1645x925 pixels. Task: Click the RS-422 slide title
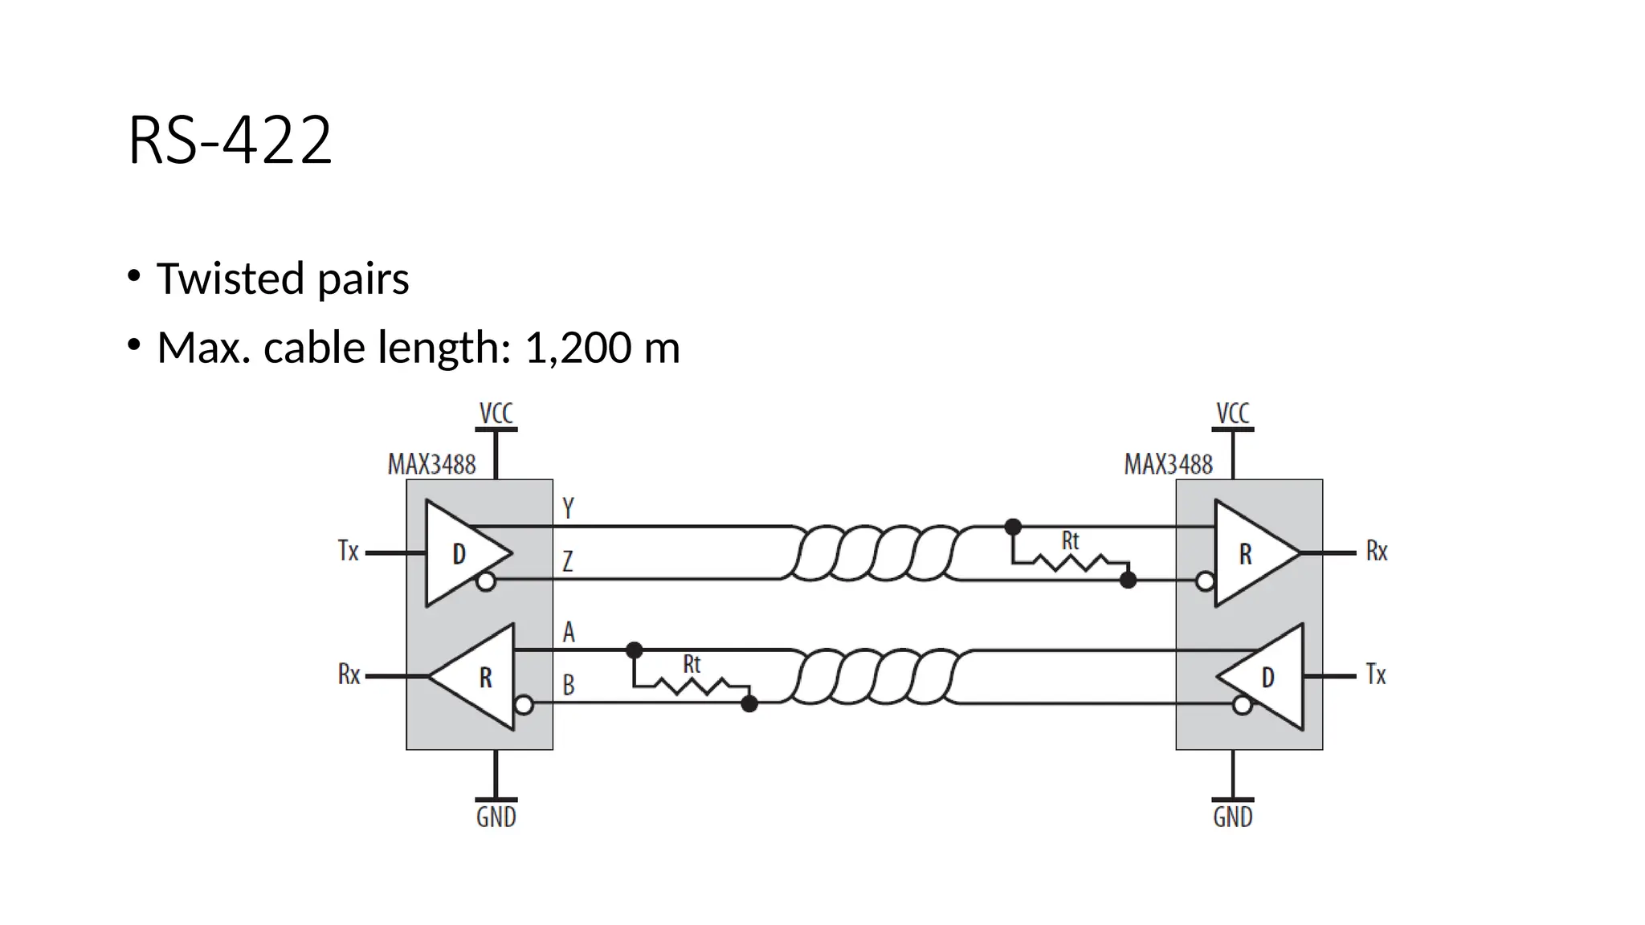click(x=230, y=141)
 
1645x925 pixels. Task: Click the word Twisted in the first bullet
click(x=231, y=279)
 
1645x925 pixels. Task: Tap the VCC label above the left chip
click(x=496, y=414)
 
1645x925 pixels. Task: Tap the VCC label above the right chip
click(x=1232, y=414)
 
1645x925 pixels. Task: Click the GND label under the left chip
click(x=496, y=817)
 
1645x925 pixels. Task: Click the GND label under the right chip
click(x=1232, y=817)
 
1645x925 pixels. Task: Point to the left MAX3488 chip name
click(x=431, y=464)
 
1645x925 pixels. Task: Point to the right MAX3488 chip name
click(x=1168, y=464)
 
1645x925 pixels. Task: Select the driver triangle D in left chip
click(x=461, y=553)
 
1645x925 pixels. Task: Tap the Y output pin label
click(x=568, y=508)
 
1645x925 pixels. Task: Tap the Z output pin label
click(x=567, y=560)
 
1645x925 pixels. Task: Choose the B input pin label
click(x=568, y=685)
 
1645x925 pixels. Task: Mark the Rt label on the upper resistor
click(x=1070, y=541)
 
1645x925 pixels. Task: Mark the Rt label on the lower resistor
click(x=692, y=664)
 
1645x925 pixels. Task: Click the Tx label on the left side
click(x=348, y=552)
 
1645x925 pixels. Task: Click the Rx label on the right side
click(x=1376, y=552)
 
